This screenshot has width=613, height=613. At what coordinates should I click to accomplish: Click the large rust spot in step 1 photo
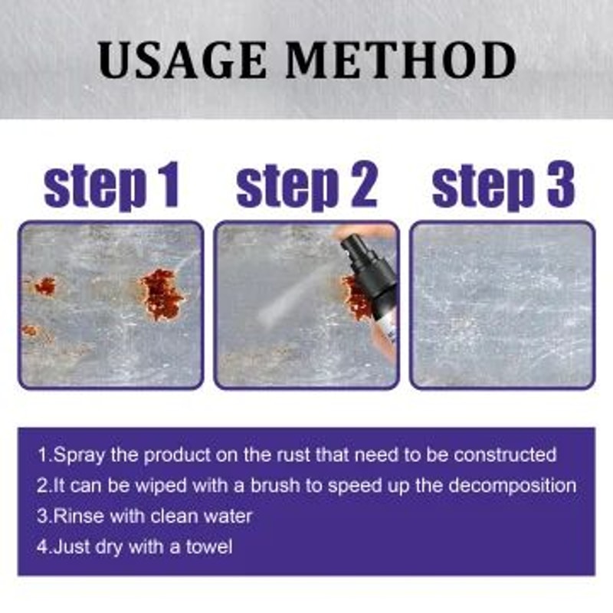162,293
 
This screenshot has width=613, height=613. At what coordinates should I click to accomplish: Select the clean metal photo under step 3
503,304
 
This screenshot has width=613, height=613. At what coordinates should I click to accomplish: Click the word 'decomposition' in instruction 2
510,485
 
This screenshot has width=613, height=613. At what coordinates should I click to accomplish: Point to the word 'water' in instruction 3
230,516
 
